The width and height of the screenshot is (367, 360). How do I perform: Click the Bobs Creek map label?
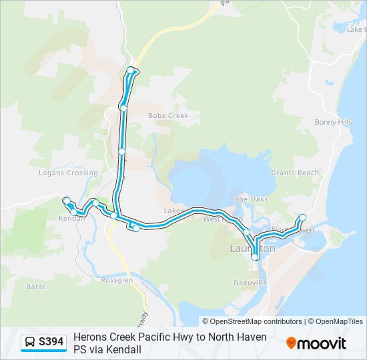click(x=168, y=116)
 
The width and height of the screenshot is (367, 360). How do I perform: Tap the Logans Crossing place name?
click(x=68, y=173)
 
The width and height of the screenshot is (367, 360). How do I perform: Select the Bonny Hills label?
click(x=333, y=123)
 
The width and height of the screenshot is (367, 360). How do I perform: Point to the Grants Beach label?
click(x=295, y=173)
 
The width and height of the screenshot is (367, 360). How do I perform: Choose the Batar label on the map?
click(x=35, y=287)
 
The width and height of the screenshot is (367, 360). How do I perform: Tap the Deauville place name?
click(x=250, y=283)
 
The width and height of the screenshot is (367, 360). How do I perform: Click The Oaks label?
click(x=251, y=199)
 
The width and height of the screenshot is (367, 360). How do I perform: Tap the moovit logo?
click(x=316, y=343)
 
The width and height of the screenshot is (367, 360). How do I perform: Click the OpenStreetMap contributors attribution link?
click(x=256, y=321)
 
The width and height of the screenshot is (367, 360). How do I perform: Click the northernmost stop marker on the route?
click(x=131, y=70)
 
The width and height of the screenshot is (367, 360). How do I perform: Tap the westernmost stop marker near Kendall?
click(x=66, y=201)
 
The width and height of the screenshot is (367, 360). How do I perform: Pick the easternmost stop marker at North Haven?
click(x=302, y=217)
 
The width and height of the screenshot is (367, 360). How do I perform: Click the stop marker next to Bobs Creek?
click(x=123, y=107)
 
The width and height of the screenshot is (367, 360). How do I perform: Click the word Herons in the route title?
click(x=89, y=337)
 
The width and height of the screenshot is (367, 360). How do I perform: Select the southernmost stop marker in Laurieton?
click(x=255, y=257)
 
